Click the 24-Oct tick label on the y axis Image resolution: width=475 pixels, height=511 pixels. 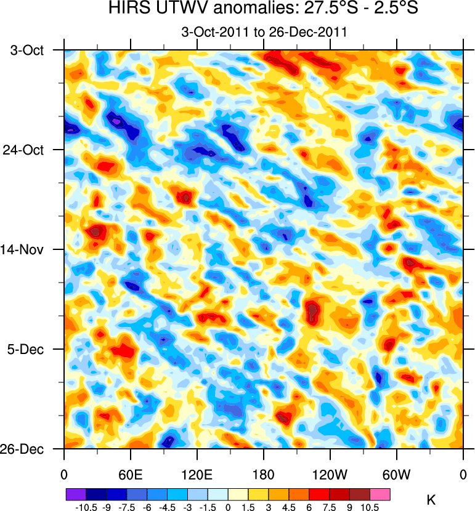[x=27, y=150]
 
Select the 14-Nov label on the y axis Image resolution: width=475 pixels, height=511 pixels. [x=27, y=249]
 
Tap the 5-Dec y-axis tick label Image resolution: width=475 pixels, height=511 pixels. [x=29, y=349]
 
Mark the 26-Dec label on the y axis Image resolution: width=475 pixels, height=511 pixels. [x=27, y=449]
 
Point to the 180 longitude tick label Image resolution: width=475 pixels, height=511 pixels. [x=264, y=475]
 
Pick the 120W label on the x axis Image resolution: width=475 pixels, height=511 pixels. [x=330, y=475]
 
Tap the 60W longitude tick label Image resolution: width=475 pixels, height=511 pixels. [x=396, y=475]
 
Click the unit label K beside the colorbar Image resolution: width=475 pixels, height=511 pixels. [x=431, y=497]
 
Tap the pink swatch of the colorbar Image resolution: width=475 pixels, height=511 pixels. [x=380, y=494]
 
